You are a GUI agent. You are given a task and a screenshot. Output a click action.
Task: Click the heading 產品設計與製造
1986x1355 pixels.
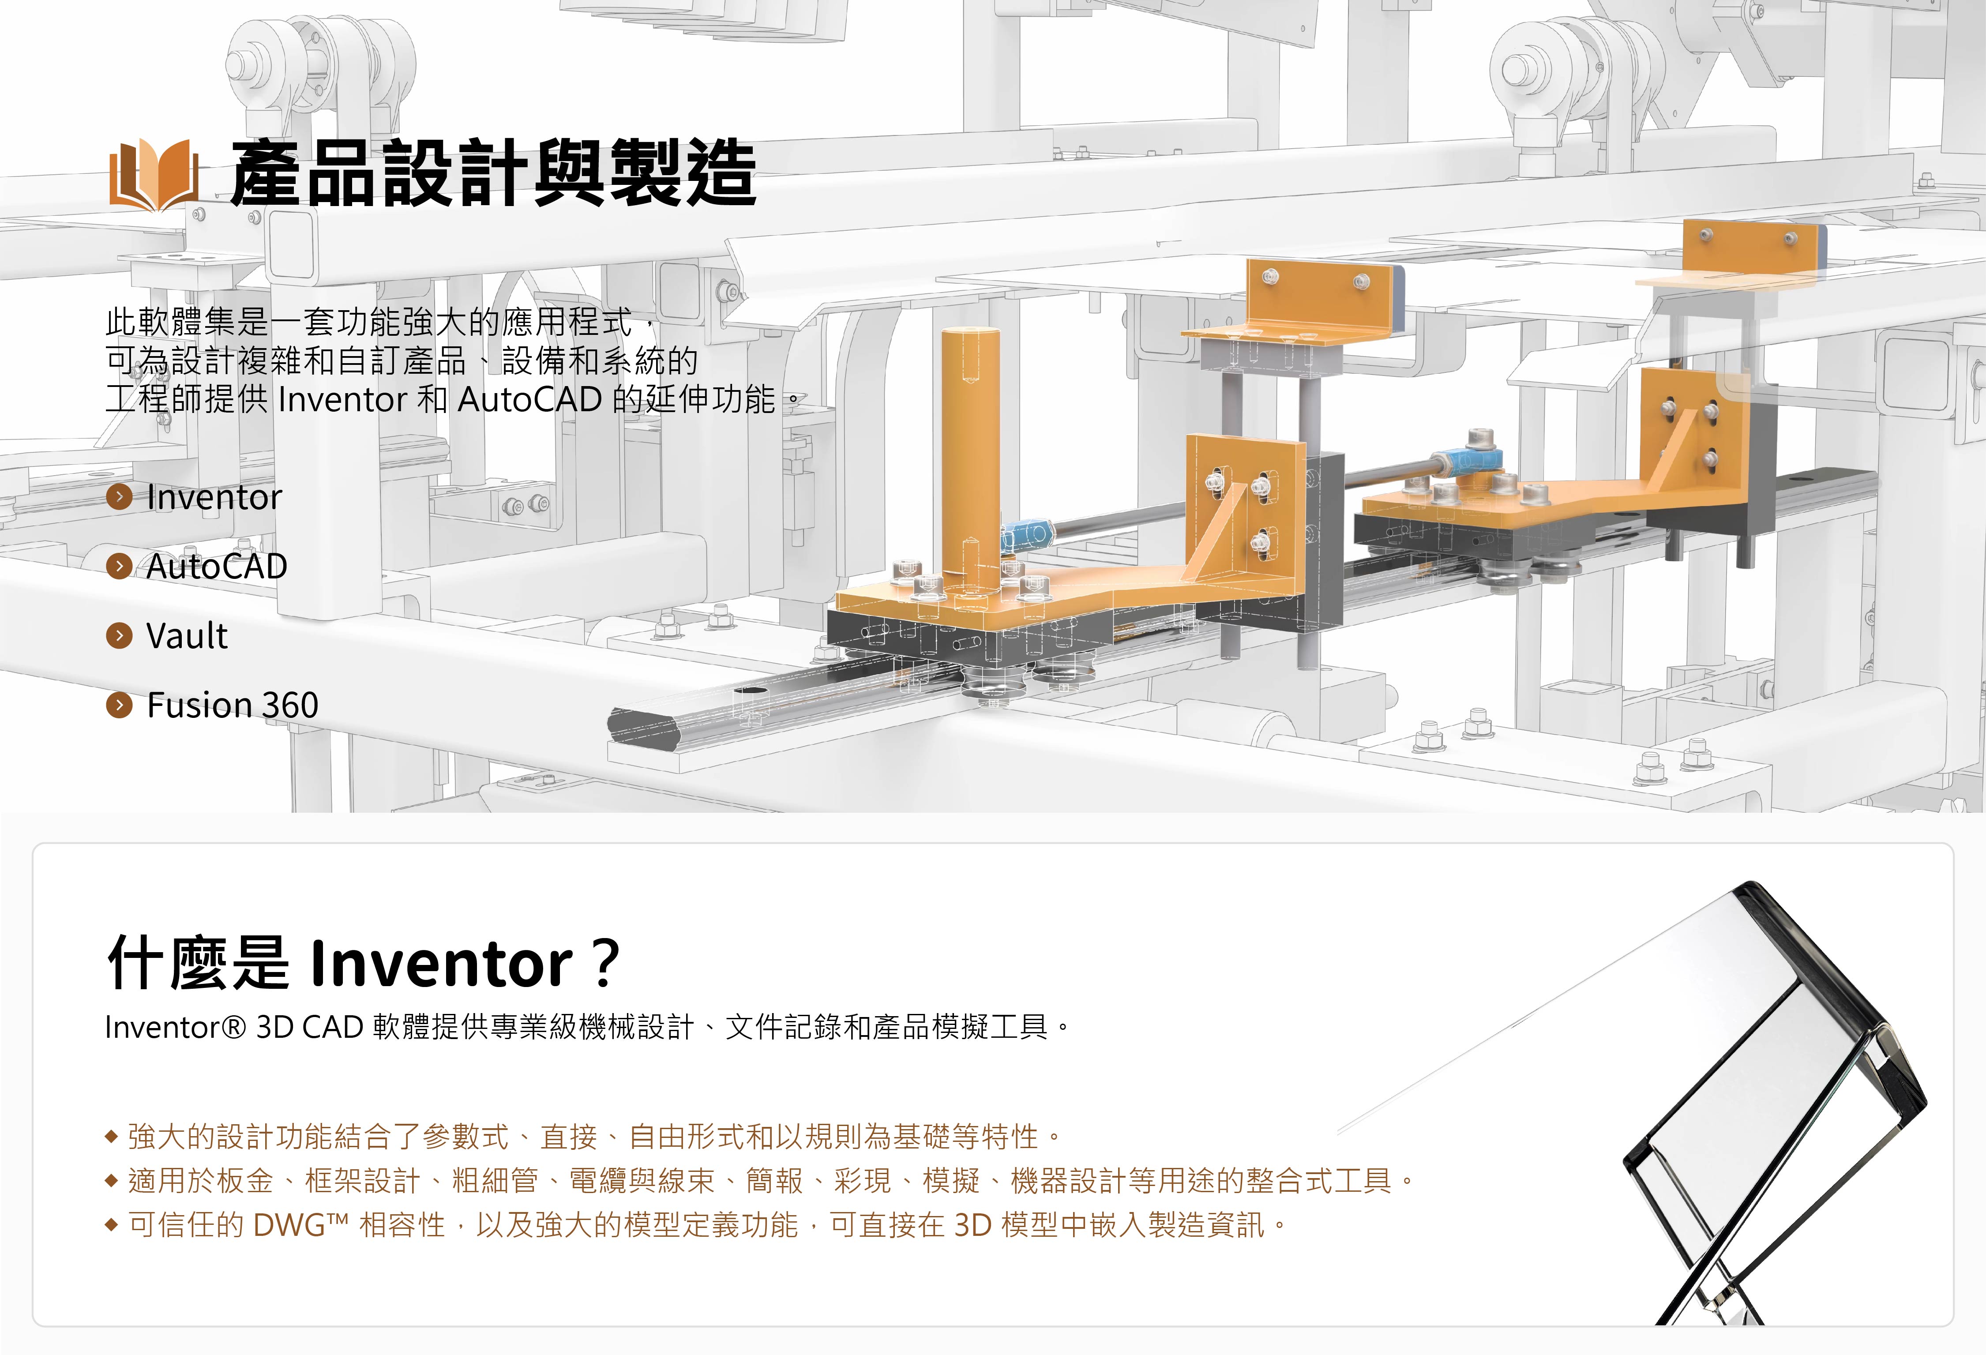(494, 173)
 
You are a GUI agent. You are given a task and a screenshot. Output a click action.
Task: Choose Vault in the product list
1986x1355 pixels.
(187, 636)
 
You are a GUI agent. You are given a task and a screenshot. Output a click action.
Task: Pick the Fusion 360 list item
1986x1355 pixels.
(233, 705)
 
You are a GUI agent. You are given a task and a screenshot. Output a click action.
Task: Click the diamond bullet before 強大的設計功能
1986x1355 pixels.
(111, 1137)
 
